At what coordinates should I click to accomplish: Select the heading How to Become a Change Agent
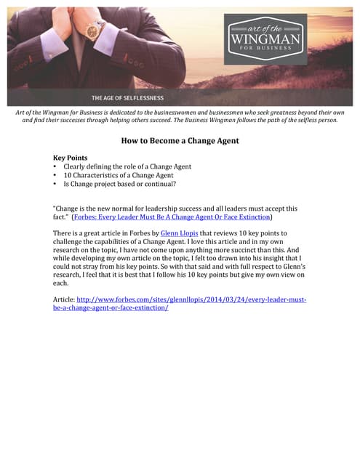click(179, 142)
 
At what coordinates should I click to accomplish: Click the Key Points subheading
click(74, 157)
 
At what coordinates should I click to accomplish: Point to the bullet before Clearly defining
click(56, 166)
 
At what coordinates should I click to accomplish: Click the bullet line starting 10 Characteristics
click(118, 175)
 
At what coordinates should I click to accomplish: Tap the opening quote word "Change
click(70, 209)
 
